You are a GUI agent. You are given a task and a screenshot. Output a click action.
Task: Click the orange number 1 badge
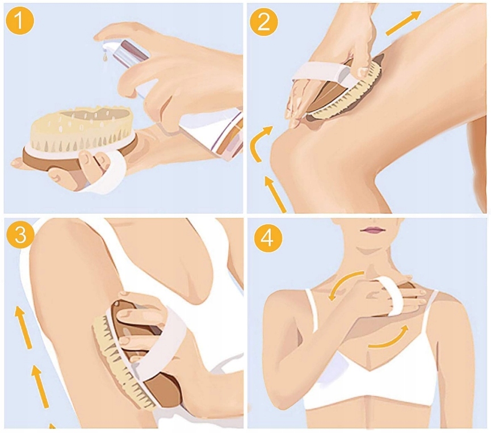20,20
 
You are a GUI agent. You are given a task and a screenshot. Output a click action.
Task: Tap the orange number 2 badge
263,22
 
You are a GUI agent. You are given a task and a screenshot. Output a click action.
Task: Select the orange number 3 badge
20,234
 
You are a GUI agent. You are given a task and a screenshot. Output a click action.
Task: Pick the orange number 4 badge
268,238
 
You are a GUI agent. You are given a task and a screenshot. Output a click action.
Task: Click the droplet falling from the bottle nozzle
106,57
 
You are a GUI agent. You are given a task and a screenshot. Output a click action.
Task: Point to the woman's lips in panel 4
372,230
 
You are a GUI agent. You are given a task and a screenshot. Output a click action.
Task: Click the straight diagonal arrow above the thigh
404,23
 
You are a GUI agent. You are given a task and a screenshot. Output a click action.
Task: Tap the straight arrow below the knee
275,194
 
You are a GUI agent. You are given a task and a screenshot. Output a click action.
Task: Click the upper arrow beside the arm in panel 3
24,327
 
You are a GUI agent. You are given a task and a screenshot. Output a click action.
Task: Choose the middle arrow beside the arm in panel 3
41,386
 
